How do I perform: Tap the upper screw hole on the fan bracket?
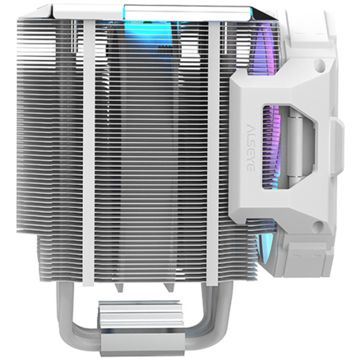click(321, 64)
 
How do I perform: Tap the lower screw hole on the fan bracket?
click(318, 226)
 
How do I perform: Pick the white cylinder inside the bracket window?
click(294, 147)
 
